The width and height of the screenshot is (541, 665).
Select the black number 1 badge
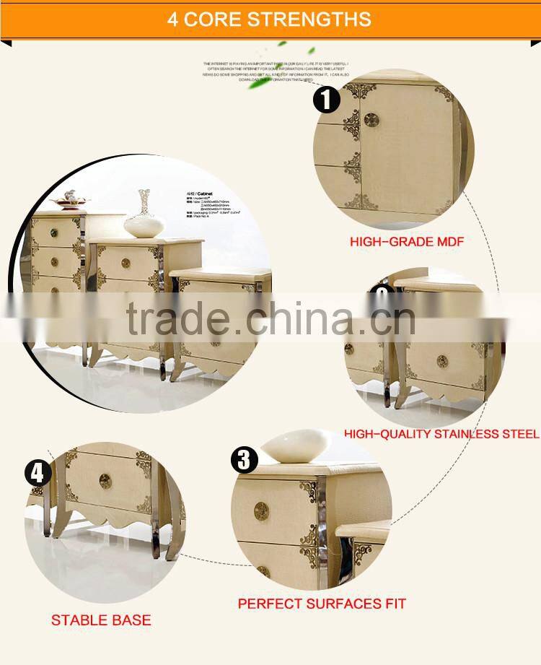pos(326,99)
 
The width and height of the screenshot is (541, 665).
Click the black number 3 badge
pos(244,459)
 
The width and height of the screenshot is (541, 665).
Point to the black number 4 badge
pos(38,474)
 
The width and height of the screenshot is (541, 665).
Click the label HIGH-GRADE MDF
pos(407,242)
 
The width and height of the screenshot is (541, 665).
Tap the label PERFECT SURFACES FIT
pos(322,603)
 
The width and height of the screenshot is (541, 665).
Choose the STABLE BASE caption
pos(101,620)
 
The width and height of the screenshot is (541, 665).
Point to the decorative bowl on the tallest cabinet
pos(70,199)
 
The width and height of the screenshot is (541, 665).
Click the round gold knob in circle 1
pos(371,120)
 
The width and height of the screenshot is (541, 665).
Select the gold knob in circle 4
pos(105,482)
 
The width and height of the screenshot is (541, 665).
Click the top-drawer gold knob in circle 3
pos(261,510)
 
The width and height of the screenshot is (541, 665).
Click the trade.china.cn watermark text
pos(270,318)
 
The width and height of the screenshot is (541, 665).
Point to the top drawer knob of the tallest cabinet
pos(54,233)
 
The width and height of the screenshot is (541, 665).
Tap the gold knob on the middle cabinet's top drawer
pos(126,264)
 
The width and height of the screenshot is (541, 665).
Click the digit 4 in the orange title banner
pos(173,19)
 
